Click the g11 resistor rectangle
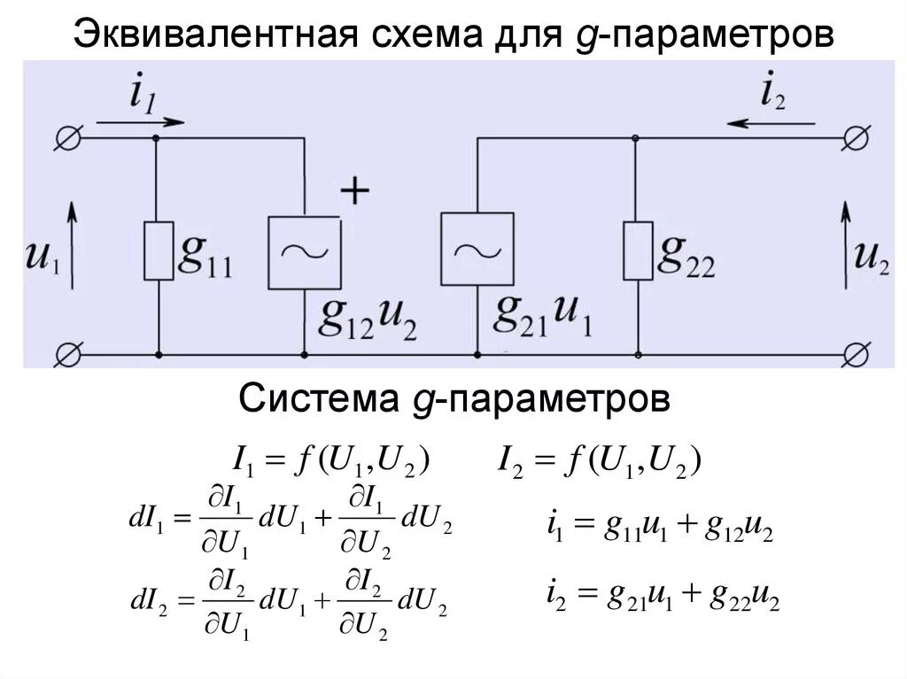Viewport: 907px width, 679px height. click(158, 252)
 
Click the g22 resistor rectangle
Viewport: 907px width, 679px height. click(636, 251)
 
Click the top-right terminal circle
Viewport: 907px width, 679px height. click(856, 138)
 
